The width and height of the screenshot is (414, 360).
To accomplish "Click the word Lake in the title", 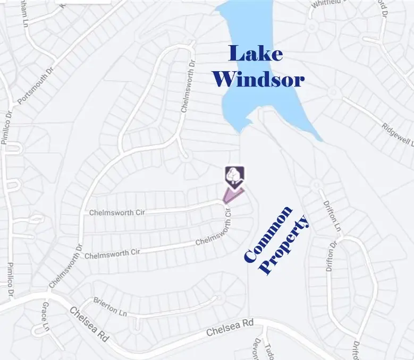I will pos(256,54).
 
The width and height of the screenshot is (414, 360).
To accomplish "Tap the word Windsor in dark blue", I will pos(258,80).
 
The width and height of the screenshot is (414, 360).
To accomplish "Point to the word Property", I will pos(286,245).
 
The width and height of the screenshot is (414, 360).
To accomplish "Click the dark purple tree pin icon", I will pos(234,176).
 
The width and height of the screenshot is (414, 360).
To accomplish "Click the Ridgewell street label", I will pos(398,134).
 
